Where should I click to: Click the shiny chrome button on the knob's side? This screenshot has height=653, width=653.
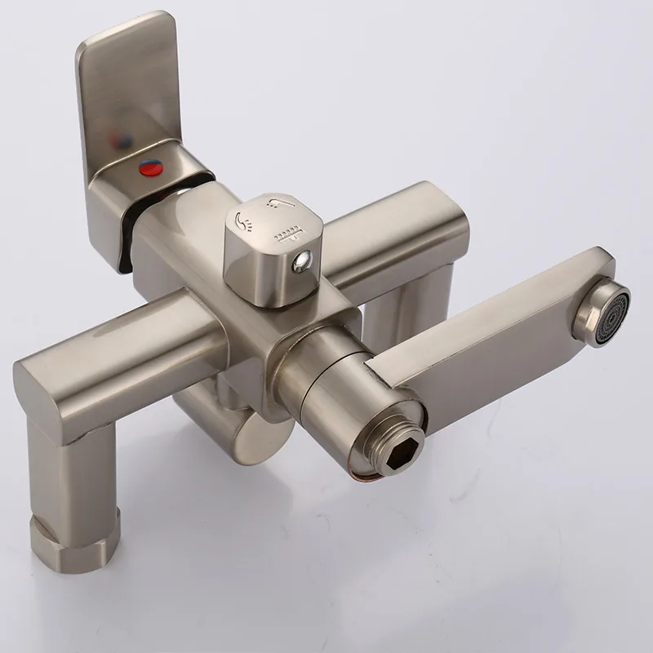tap(303, 261)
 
